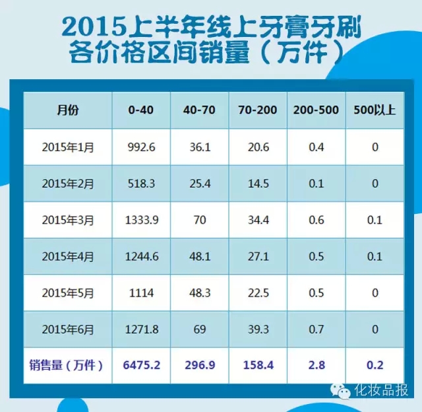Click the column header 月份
pos(67,110)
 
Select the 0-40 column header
pos(141,110)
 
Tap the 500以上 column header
pos(375,110)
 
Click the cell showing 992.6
pos(141,147)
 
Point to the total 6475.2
pos(141,364)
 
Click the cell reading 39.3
pos(257,329)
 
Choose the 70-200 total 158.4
pos(257,364)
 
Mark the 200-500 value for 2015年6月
pos(316,329)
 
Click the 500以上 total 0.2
pos(375,364)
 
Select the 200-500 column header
pos(316,110)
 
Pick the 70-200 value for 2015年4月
pos(257,256)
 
